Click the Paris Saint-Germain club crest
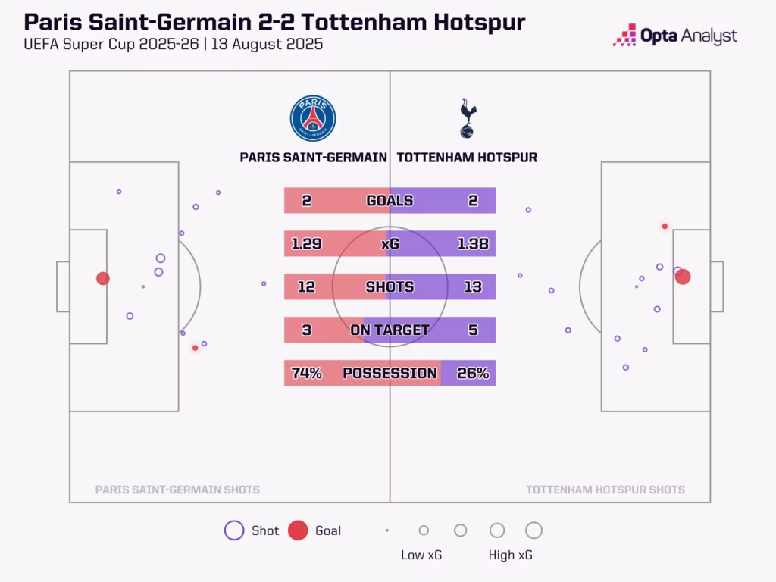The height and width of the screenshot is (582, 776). [x=313, y=119]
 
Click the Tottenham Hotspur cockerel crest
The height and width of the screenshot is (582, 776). [x=468, y=118]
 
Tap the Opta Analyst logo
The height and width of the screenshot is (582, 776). [x=674, y=36]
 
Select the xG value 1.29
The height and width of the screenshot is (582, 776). [x=306, y=244]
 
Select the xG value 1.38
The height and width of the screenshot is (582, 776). [x=473, y=244]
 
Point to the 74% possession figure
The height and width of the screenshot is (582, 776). [x=306, y=373]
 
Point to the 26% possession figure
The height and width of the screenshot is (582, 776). [x=473, y=373]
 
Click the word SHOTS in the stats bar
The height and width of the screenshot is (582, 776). [x=390, y=287]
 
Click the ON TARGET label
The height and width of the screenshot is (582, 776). [x=390, y=330]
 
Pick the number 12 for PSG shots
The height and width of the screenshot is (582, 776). [x=306, y=287]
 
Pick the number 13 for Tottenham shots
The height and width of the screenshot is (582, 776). [x=473, y=287]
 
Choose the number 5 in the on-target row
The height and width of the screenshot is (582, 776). [x=473, y=330]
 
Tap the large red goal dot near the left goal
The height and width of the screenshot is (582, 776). [x=103, y=278]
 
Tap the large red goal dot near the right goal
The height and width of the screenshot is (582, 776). [x=683, y=277]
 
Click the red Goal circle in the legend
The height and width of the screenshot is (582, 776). [x=298, y=530]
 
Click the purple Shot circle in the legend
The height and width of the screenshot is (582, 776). [x=234, y=530]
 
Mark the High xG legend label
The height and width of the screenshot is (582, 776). [x=511, y=555]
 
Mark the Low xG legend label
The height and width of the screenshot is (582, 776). [x=421, y=555]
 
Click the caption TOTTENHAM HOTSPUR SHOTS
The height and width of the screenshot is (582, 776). [x=605, y=490]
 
